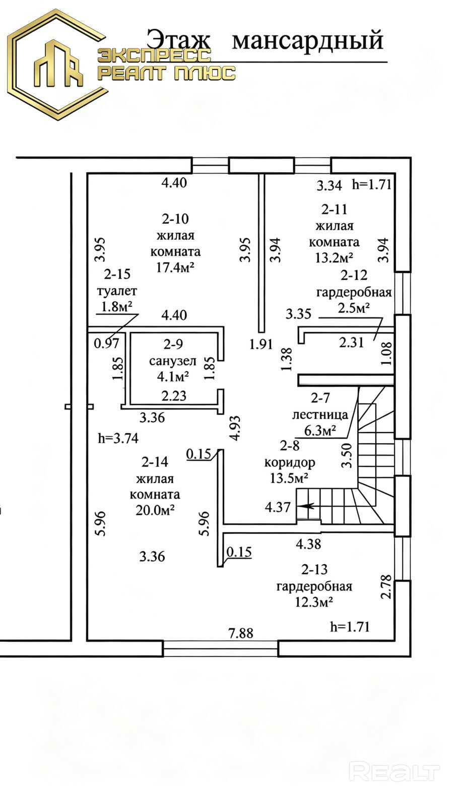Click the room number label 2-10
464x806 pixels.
click(175, 219)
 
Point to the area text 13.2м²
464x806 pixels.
click(334, 257)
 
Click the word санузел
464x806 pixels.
click(173, 361)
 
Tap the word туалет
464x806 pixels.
click(117, 290)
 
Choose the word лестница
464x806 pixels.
click(319, 415)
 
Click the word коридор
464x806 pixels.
click(289, 462)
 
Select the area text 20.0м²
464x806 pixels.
click(155, 510)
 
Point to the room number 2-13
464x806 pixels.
click(314, 569)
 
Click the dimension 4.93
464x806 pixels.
click(235, 428)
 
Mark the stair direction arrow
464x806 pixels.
click(305, 506)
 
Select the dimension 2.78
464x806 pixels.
click(385, 586)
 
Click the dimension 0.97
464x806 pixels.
click(106, 343)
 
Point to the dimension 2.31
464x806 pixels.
click(351, 342)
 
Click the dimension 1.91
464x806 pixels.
click(261, 344)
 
